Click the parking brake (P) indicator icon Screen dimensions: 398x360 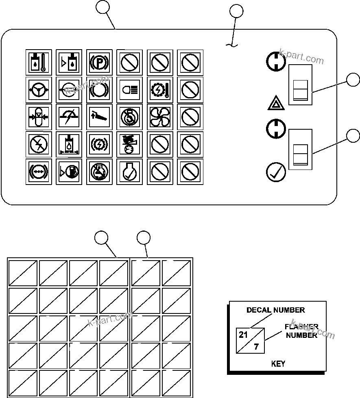99,62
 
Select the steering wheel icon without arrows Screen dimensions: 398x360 38,89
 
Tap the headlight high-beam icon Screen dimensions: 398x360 129,89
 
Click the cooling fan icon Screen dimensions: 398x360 160,117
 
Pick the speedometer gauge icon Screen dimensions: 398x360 68,117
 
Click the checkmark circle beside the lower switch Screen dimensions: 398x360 276,172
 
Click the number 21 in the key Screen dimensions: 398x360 243,335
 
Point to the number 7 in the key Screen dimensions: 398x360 256,347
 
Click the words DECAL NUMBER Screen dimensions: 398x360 275,310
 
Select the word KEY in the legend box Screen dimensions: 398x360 278,364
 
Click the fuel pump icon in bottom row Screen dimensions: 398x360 68,172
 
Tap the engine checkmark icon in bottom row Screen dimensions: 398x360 129,172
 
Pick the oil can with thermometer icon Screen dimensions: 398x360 38,62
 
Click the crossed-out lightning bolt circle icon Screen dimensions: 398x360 38,144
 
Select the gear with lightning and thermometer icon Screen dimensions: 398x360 160,89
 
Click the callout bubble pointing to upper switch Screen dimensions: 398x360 353,80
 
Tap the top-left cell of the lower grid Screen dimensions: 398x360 23,273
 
